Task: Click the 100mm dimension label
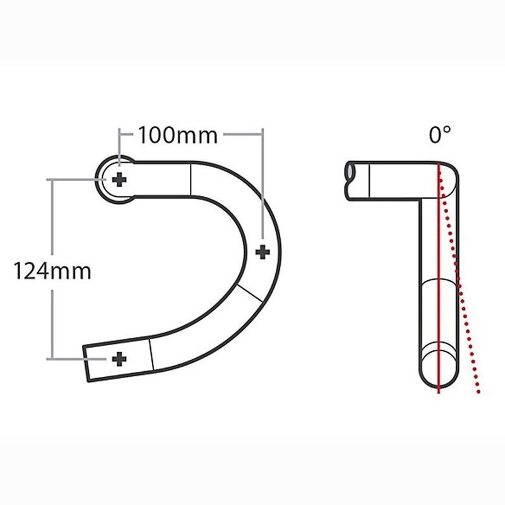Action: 177,134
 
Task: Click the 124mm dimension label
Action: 53,271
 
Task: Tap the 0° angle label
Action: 440,134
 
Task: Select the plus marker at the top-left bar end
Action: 119,181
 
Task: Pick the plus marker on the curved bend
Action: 263,251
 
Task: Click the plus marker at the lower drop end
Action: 119,359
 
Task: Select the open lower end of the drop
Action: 87,363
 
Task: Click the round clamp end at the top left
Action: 110,180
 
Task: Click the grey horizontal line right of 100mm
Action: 243,134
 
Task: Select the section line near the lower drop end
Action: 151,355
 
